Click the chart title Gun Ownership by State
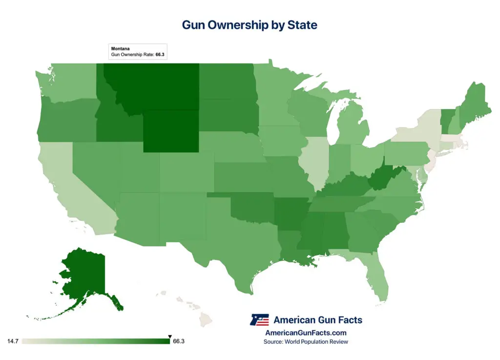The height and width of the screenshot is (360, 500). (250, 25)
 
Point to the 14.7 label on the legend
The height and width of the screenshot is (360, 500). (13, 341)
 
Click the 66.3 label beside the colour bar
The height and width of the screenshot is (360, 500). (179, 341)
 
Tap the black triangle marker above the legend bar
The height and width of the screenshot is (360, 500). (169, 336)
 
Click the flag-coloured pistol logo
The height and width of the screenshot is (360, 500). (259, 320)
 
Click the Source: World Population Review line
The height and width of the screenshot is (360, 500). (306, 342)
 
